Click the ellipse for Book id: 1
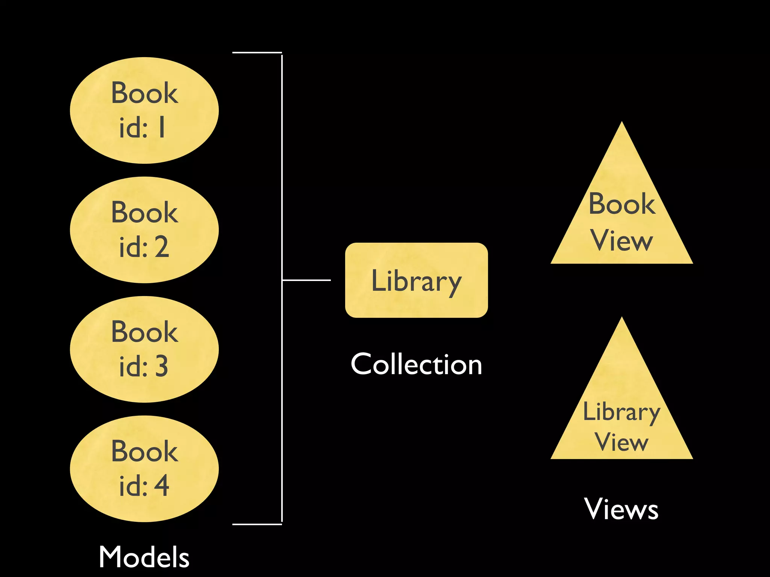pyautogui.click(x=144, y=110)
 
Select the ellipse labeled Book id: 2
pyautogui.click(x=144, y=230)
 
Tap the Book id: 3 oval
pyautogui.click(x=144, y=349)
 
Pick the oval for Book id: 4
pyautogui.click(x=144, y=469)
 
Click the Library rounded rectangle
pyautogui.click(x=416, y=280)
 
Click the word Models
pyautogui.click(x=144, y=557)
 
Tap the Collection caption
pyautogui.click(x=416, y=364)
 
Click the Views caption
pyautogui.click(x=621, y=509)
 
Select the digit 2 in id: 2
pyautogui.click(x=162, y=247)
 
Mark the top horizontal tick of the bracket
pyautogui.click(x=257, y=53)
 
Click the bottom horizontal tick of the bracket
pyautogui.click(x=257, y=524)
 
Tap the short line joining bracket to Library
pyautogui.click(x=306, y=280)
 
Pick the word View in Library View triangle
pyautogui.click(x=621, y=442)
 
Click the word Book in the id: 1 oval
pyautogui.click(x=144, y=93)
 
